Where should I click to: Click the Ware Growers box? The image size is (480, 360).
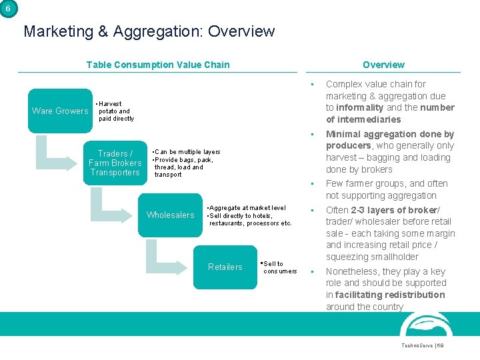[x=60, y=111]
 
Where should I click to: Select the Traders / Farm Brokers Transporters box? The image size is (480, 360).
[x=115, y=163]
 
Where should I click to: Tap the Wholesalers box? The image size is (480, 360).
[x=170, y=215]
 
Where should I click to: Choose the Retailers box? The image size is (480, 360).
[x=225, y=267]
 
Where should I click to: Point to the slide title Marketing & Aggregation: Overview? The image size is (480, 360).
[x=149, y=31]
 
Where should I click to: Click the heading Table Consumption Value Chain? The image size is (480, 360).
[x=157, y=65]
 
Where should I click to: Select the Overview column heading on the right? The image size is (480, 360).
[x=383, y=65]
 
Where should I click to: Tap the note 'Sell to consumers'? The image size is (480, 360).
[x=279, y=267]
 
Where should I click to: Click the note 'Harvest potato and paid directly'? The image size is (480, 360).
[x=115, y=111]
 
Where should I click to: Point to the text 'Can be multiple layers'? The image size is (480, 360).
[x=187, y=152]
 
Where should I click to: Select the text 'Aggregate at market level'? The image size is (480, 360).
[x=247, y=208]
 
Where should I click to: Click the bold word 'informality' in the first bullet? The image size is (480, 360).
[x=360, y=107]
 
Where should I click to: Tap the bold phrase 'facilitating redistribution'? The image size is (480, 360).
[x=389, y=295]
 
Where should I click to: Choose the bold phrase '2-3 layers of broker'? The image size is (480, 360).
[x=394, y=210]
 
